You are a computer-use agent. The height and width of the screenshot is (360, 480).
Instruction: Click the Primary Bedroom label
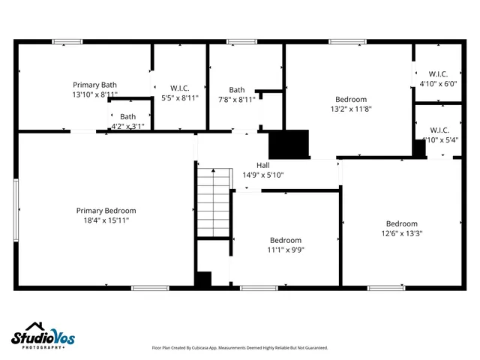click(106, 211)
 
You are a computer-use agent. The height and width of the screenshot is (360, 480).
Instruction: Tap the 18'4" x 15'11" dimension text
click(106, 221)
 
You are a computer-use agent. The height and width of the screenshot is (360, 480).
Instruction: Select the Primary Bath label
click(94, 85)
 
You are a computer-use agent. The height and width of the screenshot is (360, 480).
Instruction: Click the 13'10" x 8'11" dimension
click(94, 95)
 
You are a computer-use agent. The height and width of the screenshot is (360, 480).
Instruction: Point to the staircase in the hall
click(212, 202)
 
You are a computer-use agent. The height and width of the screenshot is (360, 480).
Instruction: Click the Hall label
click(262, 166)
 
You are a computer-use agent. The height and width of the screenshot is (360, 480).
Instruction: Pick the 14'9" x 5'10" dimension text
click(262, 175)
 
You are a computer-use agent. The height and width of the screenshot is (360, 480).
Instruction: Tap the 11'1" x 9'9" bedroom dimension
click(286, 250)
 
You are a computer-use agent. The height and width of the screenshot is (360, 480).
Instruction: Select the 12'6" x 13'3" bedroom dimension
click(401, 233)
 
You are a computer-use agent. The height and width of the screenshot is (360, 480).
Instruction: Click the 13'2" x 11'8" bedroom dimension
click(351, 109)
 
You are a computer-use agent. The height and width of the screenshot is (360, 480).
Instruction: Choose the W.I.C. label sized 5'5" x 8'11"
click(180, 88)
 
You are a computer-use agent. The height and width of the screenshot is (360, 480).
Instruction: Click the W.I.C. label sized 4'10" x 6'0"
click(433, 73)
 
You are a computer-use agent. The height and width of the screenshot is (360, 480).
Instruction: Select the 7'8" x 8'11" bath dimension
click(236, 99)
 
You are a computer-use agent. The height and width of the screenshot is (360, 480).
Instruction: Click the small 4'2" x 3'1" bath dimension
click(127, 127)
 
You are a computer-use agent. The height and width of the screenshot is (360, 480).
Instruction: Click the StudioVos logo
click(43, 336)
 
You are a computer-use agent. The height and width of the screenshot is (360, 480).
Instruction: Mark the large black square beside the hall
click(289, 144)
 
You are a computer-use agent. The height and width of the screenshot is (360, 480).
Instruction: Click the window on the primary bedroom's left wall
click(16, 210)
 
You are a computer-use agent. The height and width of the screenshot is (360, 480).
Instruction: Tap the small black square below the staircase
click(202, 279)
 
